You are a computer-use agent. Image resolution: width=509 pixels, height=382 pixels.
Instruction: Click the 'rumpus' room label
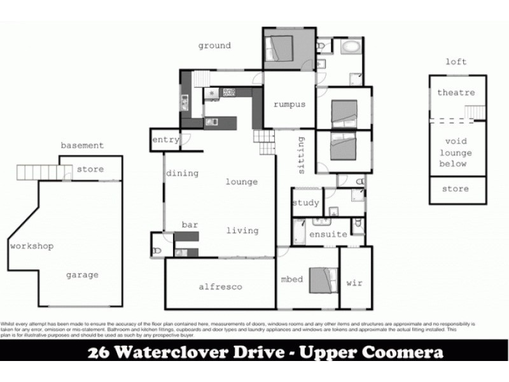(289, 105)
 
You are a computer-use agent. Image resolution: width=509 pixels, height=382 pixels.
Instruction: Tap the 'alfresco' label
(220, 287)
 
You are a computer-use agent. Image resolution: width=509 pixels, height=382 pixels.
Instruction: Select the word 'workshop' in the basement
(32, 246)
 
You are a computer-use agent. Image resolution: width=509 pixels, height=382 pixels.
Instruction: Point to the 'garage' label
(82, 275)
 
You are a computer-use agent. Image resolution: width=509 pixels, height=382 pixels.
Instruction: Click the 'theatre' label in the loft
(456, 93)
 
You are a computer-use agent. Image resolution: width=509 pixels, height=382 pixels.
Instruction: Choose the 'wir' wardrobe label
(354, 283)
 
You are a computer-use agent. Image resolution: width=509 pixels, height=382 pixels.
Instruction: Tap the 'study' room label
(305, 204)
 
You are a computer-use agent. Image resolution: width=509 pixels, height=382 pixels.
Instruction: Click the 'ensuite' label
(328, 234)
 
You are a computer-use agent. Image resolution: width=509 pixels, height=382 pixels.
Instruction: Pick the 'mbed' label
(291, 279)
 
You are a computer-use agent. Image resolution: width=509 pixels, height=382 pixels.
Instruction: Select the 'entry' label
(165, 140)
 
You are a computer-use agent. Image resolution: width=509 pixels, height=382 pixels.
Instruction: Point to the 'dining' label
(183, 173)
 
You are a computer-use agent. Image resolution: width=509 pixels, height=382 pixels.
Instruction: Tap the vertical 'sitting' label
(302, 154)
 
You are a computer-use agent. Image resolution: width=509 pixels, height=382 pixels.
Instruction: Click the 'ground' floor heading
(214, 46)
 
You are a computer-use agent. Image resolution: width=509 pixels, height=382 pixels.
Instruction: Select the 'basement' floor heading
(82, 145)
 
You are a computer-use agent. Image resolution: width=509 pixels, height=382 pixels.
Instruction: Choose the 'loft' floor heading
(456, 62)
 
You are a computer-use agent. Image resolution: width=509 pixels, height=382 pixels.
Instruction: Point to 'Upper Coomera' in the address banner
(380, 353)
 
